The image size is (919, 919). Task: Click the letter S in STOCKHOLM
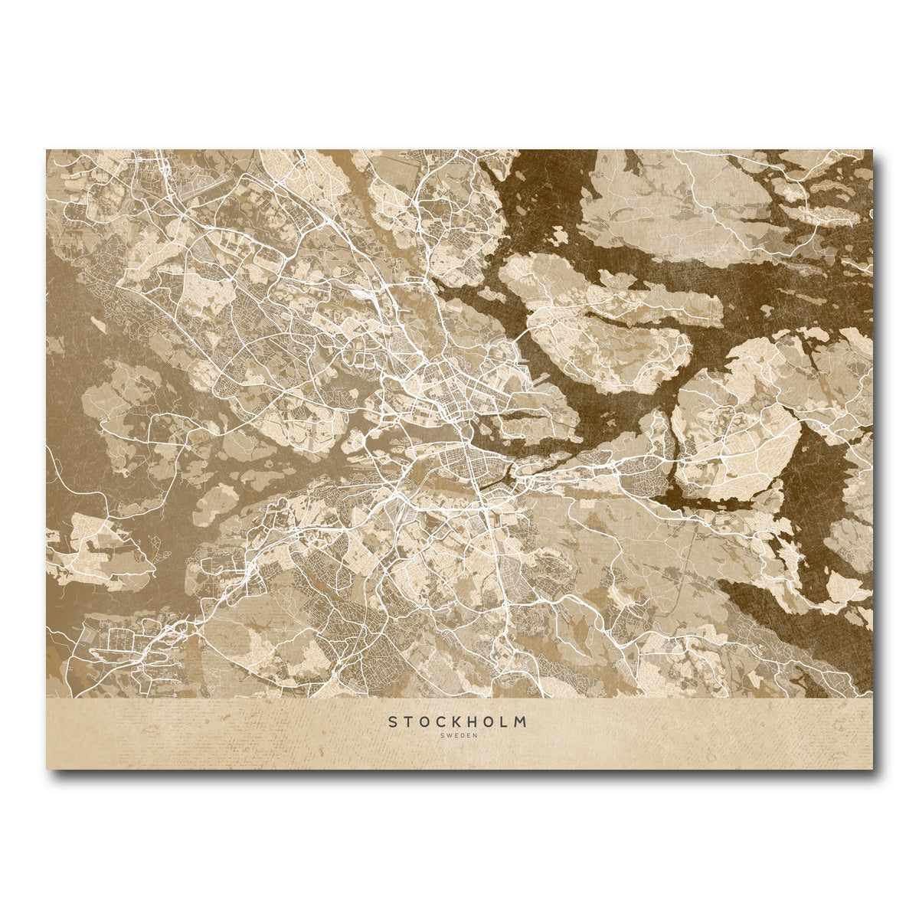coord(392,721)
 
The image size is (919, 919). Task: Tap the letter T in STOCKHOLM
coord(407,721)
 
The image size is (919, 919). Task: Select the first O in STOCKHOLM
coord(424,721)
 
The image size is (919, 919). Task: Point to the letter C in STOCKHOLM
coord(441,721)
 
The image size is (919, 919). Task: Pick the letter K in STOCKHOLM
coord(457,721)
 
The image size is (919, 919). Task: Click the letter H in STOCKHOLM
coord(473,721)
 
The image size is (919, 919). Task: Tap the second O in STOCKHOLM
coord(490,721)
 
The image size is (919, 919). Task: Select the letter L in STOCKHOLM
coord(505,721)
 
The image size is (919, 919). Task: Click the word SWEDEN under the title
coord(459,736)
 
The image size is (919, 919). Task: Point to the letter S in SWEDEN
coord(443,736)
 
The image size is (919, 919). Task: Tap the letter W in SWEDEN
coord(449,736)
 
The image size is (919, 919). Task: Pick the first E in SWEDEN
coord(456,736)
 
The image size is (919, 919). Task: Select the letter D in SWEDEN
coord(462,736)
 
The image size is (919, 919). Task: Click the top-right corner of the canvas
coord(872,150)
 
